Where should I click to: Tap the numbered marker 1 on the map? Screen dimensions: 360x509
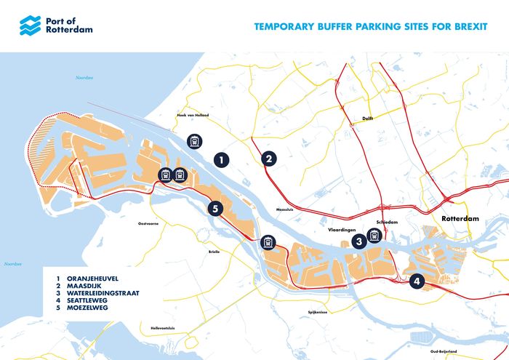coord(222,159)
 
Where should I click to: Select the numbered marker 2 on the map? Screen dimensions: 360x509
coord(269,159)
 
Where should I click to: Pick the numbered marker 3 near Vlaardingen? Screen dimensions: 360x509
coord(358,241)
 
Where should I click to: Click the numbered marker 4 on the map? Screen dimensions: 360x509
coord(417,281)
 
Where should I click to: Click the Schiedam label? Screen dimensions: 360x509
coord(385,223)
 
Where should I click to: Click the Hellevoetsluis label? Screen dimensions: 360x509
coord(163,328)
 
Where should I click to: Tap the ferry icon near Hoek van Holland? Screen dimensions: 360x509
coord(194,140)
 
